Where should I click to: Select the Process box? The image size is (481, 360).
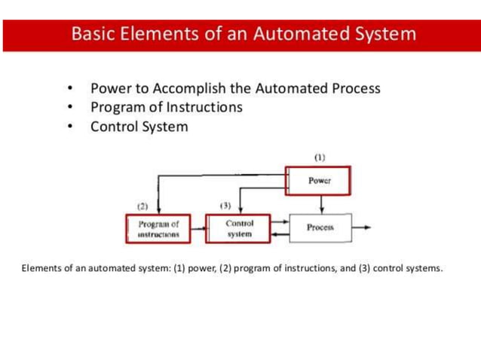click(x=320, y=227)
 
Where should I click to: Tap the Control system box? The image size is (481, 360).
click(x=239, y=229)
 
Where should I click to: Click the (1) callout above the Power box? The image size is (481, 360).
click(x=320, y=157)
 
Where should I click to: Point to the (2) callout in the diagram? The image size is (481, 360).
click(x=142, y=205)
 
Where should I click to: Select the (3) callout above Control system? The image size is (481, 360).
click(x=225, y=205)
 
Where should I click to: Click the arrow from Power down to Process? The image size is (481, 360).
click(x=322, y=203)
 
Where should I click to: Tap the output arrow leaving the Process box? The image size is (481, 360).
click(x=362, y=227)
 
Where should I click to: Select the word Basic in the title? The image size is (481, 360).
click(x=94, y=34)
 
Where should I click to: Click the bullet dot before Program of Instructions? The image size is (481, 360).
click(x=70, y=108)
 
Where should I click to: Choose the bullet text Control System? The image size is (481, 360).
click(x=139, y=127)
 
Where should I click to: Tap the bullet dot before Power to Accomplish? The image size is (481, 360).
click(x=70, y=89)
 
